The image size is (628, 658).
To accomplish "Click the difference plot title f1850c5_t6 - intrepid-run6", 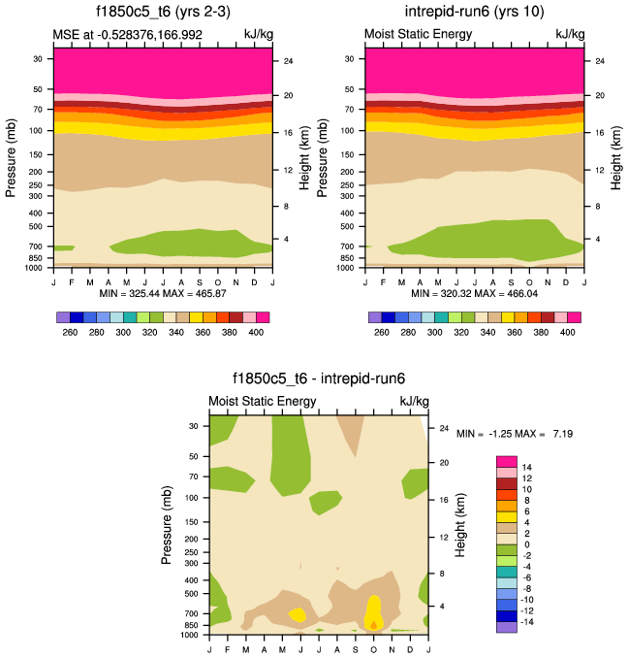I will click(x=318, y=379).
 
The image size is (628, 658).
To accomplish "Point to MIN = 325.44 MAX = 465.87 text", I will click(x=162, y=293).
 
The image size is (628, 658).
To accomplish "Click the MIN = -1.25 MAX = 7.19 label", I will click(x=515, y=433).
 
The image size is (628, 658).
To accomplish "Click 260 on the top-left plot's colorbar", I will click(x=70, y=332).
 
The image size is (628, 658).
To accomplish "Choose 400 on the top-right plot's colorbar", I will click(x=567, y=332).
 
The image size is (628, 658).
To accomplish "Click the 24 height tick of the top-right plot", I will click(x=600, y=61).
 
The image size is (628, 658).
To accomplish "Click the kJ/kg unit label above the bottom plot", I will click(x=413, y=401).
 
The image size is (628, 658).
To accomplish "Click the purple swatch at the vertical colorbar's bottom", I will click(x=506, y=627).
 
